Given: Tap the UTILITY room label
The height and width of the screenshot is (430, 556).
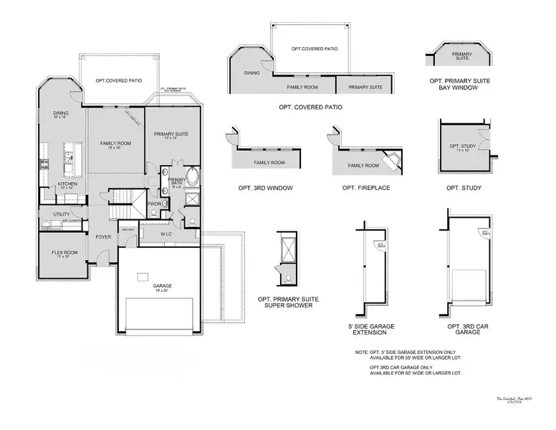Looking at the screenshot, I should point(62,214).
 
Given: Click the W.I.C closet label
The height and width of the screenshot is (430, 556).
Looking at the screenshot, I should point(164,234).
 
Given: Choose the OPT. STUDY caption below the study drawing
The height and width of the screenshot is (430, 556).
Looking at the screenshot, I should point(463,188).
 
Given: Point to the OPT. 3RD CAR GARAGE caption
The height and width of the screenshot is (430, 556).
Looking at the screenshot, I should point(463,330).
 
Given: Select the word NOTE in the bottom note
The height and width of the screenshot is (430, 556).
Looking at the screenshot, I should point(362,353).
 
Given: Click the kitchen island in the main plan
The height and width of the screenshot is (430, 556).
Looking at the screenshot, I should point(70,157).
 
